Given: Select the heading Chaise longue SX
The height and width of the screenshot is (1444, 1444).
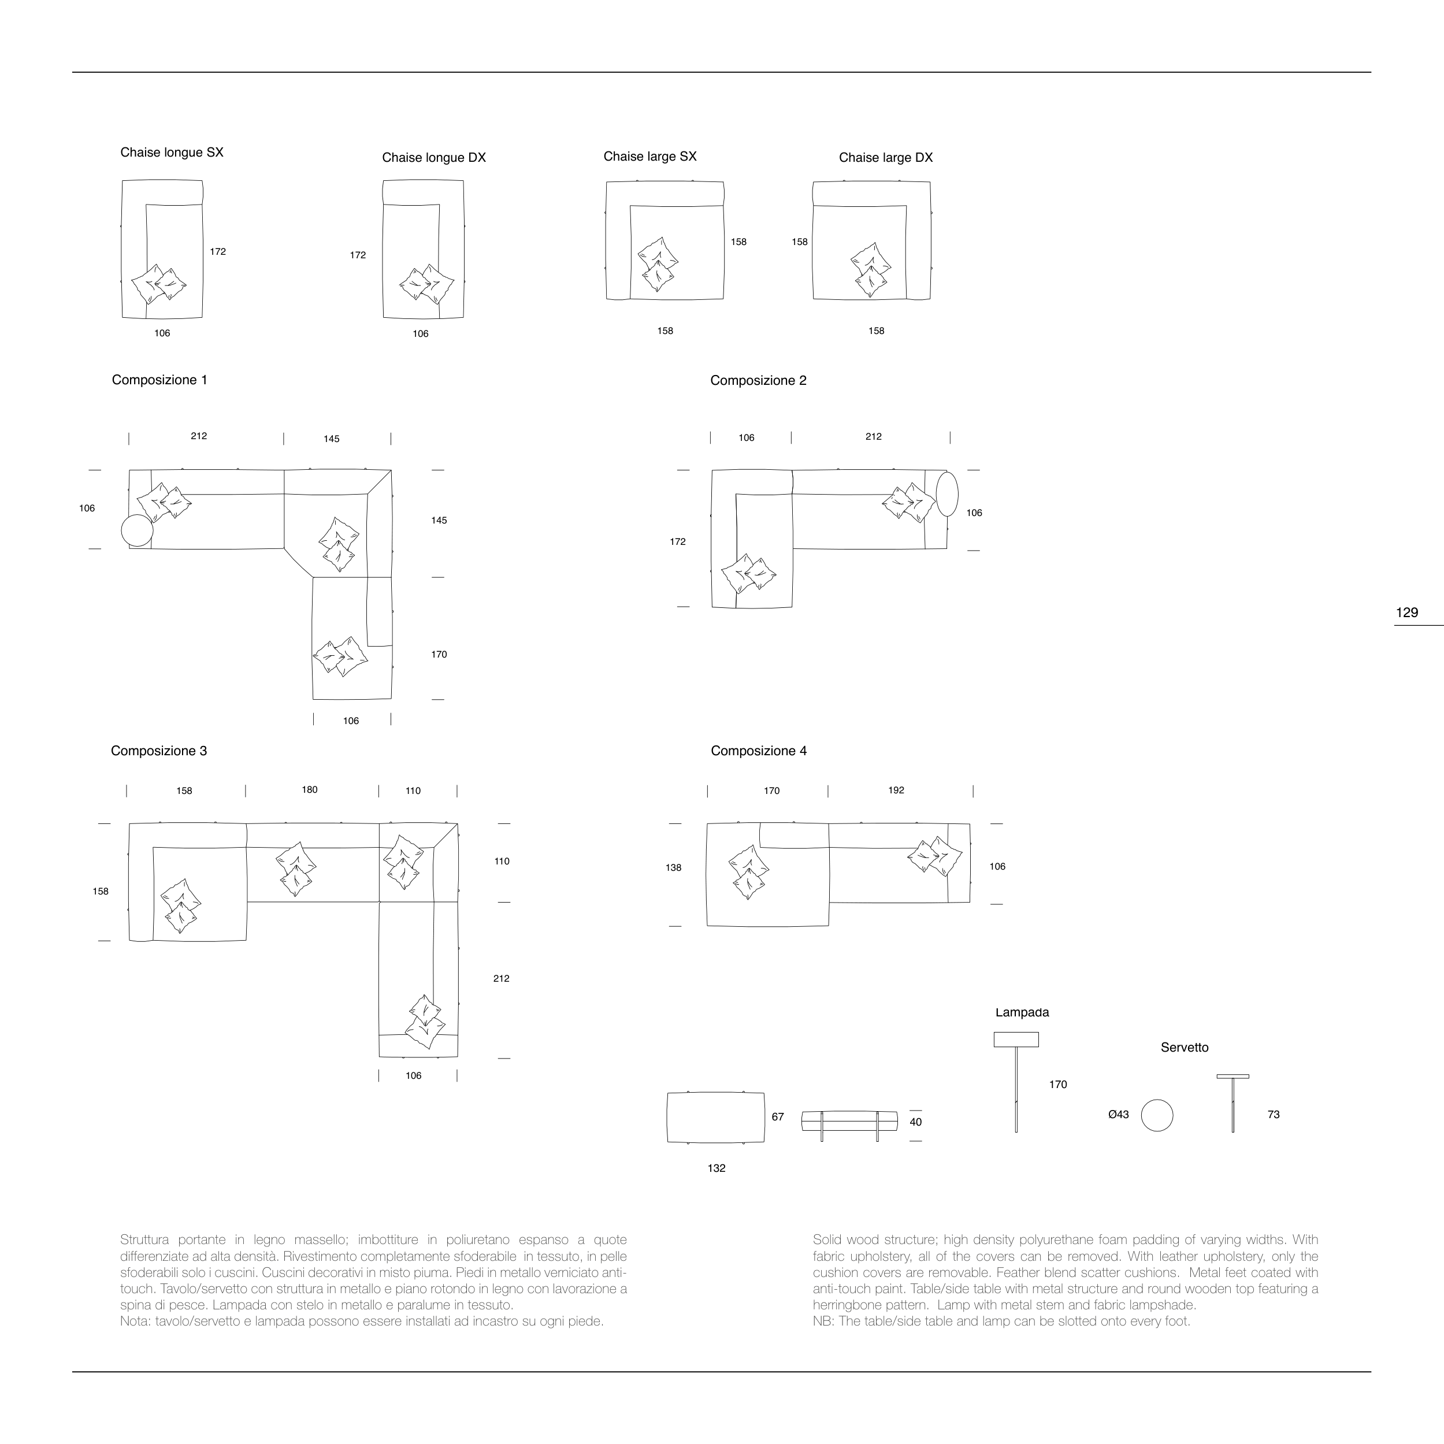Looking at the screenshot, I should pyautogui.click(x=172, y=153).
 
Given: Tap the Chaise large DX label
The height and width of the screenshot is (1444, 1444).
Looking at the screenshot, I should pyautogui.click(x=886, y=158).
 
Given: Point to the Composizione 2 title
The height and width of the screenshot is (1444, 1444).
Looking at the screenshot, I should pyautogui.click(x=758, y=380).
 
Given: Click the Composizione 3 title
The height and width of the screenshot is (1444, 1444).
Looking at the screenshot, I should pyautogui.click(x=158, y=751).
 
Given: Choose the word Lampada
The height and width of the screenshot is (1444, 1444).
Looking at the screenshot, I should pyautogui.click(x=1022, y=1013).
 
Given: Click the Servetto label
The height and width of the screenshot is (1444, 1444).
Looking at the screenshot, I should pyautogui.click(x=1184, y=1048).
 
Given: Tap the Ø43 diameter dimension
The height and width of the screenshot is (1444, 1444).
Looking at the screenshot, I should pyautogui.click(x=1118, y=1115).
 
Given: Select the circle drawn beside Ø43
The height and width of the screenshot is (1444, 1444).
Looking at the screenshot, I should pyautogui.click(x=1157, y=1115).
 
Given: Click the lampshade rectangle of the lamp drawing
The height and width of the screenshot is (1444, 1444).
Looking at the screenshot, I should pyautogui.click(x=1016, y=1040).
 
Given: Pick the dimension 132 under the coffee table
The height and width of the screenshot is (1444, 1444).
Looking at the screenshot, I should pyautogui.click(x=716, y=1168).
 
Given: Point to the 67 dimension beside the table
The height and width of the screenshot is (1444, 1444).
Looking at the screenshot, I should pyautogui.click(x=777, y=1116).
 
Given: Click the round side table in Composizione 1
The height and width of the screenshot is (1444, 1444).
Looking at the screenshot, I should pyautogui.click(x=137, y=530).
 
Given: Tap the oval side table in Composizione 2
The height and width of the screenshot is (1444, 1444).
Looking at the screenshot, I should pyautogui.click(x=947, y=494).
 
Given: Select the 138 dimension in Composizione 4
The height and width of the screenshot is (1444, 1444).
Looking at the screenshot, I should pyautogui.click(x=673, y=868).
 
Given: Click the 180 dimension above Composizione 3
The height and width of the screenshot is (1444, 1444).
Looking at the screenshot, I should pyautogui.click(x=310, y=790).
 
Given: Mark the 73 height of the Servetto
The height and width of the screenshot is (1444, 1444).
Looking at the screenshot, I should pyautogui.click(x=1274, y=1115).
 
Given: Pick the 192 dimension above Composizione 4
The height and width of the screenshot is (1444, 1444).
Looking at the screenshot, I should pyautogui.click(x=896, y=790).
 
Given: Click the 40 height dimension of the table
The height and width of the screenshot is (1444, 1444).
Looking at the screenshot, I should pyautogui.click(x=916, y=1122).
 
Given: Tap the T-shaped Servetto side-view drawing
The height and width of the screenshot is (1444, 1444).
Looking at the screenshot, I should pyautogui.click(x=1233, y=1103).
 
